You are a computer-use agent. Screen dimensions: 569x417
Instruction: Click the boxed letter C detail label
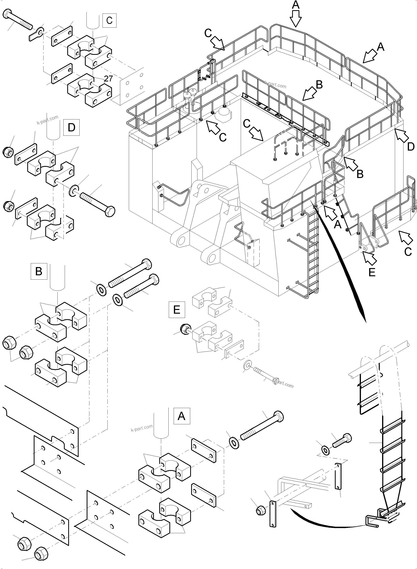pos(109,20)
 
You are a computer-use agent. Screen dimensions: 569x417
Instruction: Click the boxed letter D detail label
pos(71,128)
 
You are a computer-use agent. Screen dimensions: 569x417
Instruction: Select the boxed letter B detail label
pos(39,271)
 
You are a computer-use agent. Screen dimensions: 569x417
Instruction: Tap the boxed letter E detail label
pos(177,309)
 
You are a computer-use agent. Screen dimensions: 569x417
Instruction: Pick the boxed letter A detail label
pos(182,416)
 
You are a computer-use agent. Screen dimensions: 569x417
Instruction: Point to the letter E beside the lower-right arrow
pos(372,272)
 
